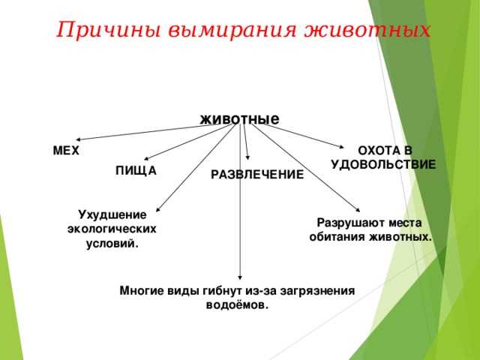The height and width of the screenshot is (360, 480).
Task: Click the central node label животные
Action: point(239,118)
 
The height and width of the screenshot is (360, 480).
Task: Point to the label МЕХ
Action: point(66,151)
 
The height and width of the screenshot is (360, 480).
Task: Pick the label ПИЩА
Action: point(136,170)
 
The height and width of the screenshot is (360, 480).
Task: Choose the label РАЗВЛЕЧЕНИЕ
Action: point(257,175)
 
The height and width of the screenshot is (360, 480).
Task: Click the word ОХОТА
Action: point(377,151)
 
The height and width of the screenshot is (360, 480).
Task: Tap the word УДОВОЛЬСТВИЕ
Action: point(383,165)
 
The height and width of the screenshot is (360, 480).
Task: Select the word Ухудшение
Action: point(112,215)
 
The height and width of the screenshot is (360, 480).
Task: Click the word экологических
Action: point(112,229)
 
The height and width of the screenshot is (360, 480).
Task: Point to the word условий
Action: point(112,244)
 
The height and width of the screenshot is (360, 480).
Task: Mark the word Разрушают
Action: point(348,223)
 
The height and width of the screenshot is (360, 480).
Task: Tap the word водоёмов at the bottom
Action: point(237,305)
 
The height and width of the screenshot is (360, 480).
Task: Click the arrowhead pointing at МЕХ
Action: point(78,139)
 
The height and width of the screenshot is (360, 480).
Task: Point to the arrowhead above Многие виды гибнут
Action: point(240,277)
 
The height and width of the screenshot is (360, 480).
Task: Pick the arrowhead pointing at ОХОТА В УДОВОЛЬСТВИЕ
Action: point(342,147)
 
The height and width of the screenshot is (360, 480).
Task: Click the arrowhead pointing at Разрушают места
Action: point(358,210)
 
